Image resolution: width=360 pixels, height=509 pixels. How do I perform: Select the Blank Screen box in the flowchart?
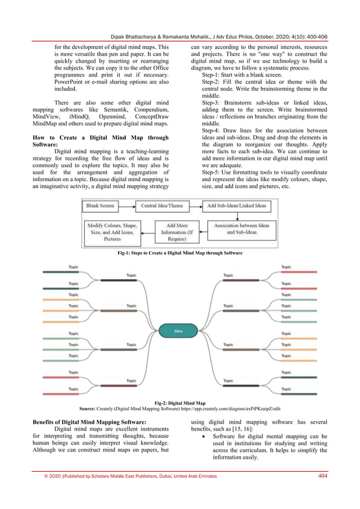(x=100, y=207)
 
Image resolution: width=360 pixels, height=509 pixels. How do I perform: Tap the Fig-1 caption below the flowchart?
(x=179, y=254)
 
